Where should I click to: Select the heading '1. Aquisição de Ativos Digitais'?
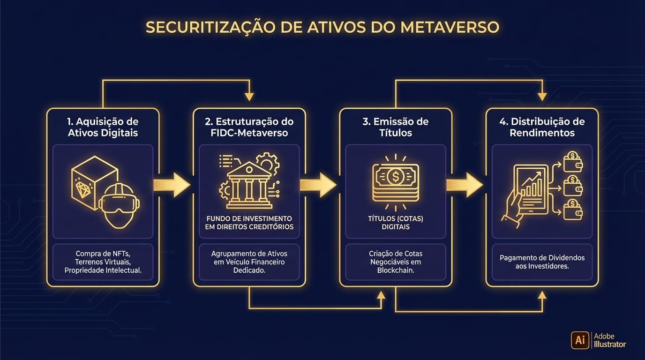click(103, 127)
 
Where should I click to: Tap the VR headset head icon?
click(119, 204)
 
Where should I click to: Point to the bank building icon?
click(249, 185)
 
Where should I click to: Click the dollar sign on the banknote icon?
click(395, 176)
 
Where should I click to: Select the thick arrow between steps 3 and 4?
click(465, 185)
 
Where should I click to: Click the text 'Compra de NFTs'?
click(103, 254)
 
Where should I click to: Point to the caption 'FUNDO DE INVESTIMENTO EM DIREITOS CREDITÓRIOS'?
click(249, 223)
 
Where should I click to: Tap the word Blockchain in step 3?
click(395, 270)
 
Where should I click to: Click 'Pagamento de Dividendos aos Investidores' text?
click(542, 262)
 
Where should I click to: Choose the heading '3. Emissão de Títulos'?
click(395, 127)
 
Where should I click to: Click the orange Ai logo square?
click(580, 340)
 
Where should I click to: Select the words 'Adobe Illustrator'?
click(609, 340)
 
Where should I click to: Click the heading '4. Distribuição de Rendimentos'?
click(542, 127)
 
